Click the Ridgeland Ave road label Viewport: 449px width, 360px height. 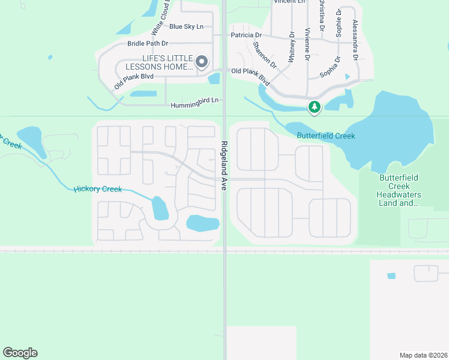[x=224, y=166]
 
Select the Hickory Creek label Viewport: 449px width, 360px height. [x=98, y=189]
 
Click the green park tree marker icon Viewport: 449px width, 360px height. [x=314, y=107]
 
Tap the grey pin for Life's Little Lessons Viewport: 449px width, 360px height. [x=202, y=61]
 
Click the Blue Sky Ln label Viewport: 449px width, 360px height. [x=187, y=26]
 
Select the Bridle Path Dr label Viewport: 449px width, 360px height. [x=148, y=43]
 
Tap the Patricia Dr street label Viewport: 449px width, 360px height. [x=247, y=35]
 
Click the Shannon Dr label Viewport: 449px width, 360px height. [x=264, y=55]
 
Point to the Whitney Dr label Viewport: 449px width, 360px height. [x=292, y=46]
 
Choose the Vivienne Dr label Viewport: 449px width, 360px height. [x=307, y=44]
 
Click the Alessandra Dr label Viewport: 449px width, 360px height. [x=355, y=39]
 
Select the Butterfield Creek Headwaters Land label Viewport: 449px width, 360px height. [x=399, y=191]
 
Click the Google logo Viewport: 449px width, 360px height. [x=20, y=353]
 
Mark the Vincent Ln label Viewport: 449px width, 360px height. [x=289, y=2]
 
